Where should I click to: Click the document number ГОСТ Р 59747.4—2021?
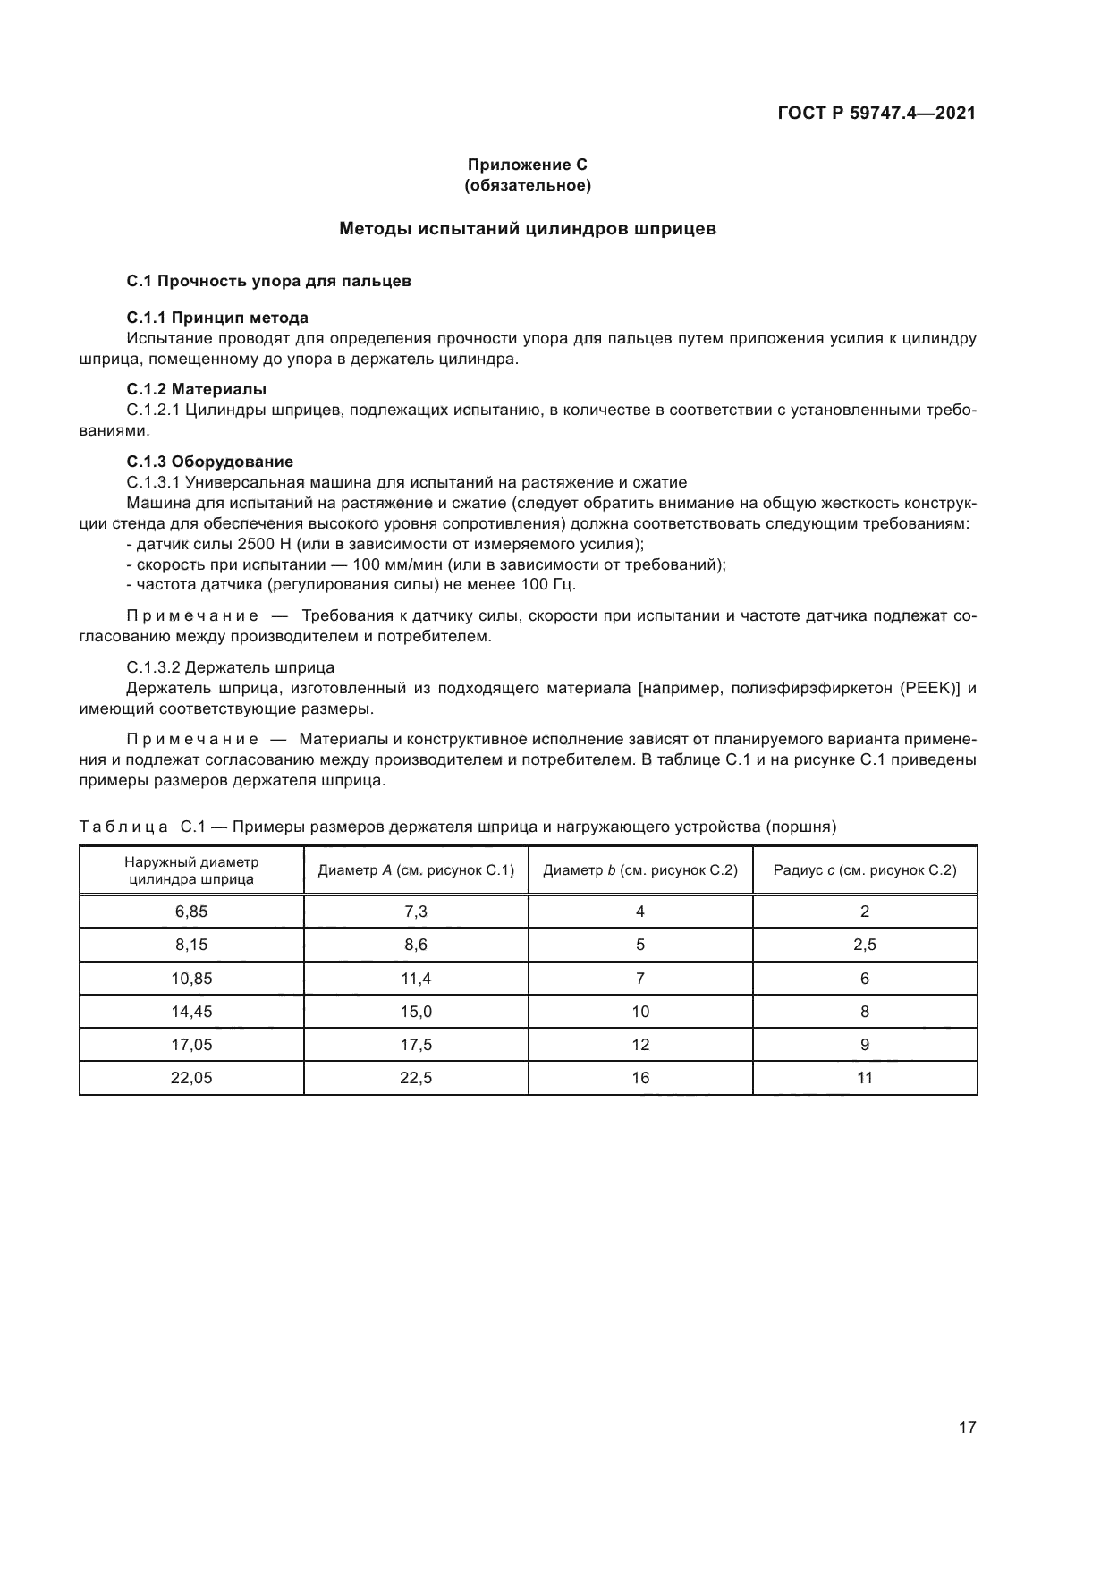pos(876,113)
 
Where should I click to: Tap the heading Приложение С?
pos(528,165)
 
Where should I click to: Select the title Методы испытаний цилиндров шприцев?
pos(528,228)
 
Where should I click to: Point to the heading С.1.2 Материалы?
pos(197,389)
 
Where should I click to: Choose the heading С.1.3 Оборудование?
pos(210,462)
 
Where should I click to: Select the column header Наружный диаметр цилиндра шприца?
pos(191,870)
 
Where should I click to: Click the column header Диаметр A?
pos(416,870)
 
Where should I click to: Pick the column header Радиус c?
pos(864,870)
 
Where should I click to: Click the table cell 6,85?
pos(191,912)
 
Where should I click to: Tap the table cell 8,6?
pos(416,945)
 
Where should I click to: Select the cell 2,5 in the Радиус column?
pos(864,945)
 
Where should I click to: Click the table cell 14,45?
pos(191,1012)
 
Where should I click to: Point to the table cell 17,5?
pos(416,1045)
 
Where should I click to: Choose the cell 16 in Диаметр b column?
pos(640,1078)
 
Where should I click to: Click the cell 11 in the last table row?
pos(864,1078)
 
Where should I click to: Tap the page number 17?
pos(967,1428)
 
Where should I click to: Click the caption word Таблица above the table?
pos(123,827)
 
